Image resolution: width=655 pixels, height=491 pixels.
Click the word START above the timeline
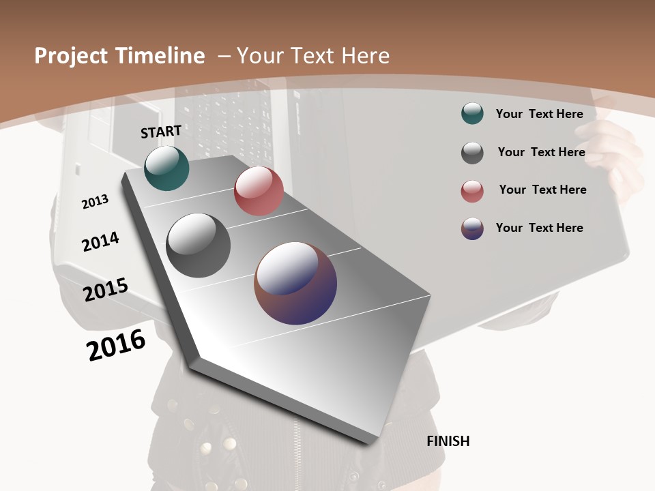(x=161, y=132)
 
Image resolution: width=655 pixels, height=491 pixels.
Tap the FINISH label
(x=448, y=441)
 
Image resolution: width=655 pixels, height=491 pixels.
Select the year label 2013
(x=95, y=202)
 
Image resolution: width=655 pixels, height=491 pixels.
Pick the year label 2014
(x=100, y=241)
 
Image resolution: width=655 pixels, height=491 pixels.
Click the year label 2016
(x=116, y=345)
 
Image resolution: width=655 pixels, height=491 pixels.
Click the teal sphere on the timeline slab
(x=166, y=168)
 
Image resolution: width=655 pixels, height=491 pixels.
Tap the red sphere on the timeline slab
(x=259, y=191)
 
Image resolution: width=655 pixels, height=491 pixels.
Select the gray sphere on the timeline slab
(x=198, y=245)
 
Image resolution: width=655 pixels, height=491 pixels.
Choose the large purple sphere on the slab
(x=295, y=283)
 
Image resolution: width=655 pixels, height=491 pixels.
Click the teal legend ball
(x=472, y=113)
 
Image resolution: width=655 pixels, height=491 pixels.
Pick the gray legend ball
(x=472, y=153)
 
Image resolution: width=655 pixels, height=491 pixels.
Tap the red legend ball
(x=472, y=191)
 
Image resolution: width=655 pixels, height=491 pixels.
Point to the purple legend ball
(x=472, y=228)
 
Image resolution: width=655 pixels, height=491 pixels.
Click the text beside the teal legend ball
(x=539, y=114)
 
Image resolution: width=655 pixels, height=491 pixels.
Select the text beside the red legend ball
(x=542, y=190)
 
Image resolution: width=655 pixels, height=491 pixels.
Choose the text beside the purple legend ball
(x=539, y=228)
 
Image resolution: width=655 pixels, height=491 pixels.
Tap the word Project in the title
(x=71, y=56)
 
